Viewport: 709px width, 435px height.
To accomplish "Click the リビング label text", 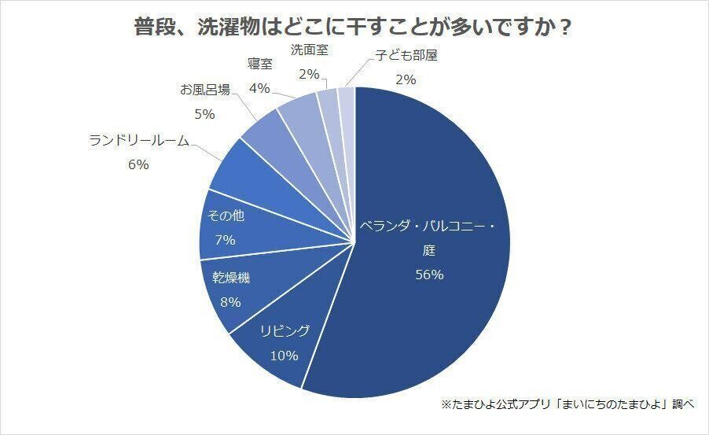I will tap(284, 330).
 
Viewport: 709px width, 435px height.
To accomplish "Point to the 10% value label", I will tap(284, 355).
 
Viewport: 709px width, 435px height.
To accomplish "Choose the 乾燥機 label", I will tap(231, 277).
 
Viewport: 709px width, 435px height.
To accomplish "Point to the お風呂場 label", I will tap(204, 89).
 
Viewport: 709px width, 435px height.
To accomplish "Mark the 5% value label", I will tap(204, 113).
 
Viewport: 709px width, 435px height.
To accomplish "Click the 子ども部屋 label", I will tap(406, 55).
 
